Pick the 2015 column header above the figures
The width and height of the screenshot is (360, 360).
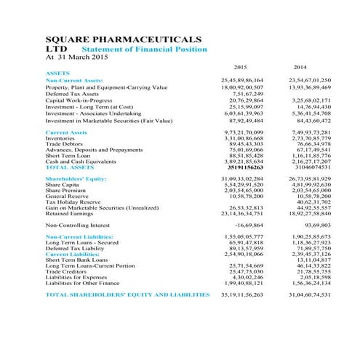tap(231, 67)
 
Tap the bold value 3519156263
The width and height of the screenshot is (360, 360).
tap(240, 167)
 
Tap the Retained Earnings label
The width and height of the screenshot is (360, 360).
tap(69, 214)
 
